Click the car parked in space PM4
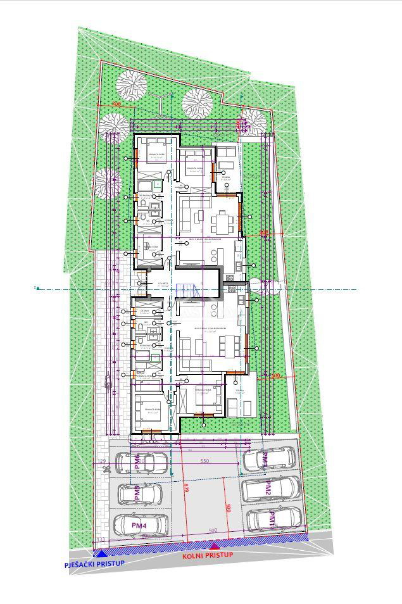coord(141,525)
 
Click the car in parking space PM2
coord(270,488)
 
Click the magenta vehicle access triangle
coord(215,545)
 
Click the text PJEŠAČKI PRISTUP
coord(94,563)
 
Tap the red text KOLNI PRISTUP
coord(208,555)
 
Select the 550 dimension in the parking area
coord(204,462)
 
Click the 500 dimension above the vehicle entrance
coord(212,531)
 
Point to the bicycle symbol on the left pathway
coord(108,382)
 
